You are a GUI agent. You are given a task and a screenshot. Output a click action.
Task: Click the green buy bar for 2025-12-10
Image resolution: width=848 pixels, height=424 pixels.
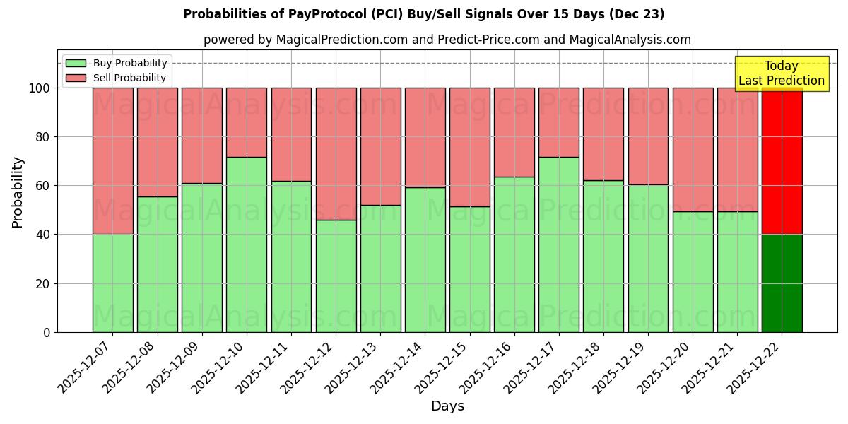247,245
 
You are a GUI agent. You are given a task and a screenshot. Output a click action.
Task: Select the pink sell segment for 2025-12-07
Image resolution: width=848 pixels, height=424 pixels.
112,161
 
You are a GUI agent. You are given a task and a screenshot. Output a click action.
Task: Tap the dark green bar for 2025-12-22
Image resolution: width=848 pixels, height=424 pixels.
782,283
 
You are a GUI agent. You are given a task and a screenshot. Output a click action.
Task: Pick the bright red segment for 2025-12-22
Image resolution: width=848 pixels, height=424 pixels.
782,161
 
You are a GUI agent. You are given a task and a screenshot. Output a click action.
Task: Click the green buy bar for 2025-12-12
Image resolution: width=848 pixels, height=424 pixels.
336,276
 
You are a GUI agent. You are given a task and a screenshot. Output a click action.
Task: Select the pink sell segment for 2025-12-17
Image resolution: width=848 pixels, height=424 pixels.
558,122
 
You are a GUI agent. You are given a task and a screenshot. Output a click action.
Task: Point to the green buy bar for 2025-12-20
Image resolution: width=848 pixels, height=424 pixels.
693,272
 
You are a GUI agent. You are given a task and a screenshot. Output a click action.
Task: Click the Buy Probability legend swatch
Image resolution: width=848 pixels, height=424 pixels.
76,63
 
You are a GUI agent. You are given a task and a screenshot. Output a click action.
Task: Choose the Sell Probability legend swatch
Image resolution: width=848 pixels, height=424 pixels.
76,78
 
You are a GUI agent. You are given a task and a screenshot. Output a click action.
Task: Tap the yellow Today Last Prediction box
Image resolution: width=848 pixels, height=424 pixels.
781,73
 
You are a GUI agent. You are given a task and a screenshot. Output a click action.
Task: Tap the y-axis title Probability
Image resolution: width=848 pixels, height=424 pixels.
18,192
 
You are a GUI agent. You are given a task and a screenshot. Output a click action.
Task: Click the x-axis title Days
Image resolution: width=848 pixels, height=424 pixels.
447,406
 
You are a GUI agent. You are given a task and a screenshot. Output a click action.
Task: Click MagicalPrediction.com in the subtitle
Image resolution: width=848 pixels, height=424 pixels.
342,40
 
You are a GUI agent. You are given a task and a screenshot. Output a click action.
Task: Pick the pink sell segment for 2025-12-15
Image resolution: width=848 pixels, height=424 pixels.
469,147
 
